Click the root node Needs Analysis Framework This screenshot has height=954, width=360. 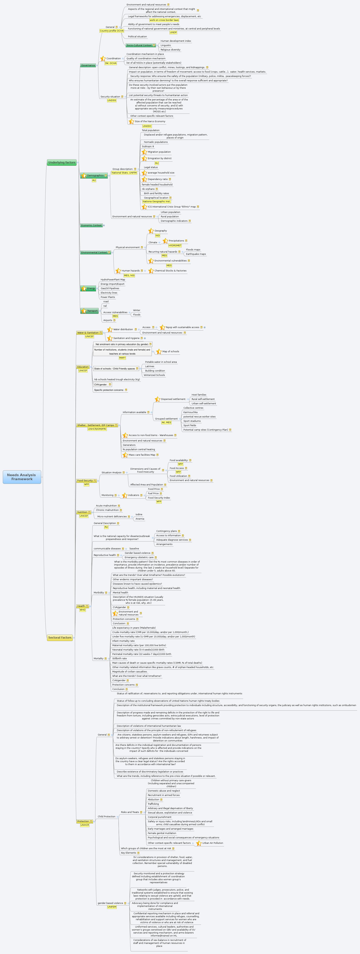click(x=22, y=477)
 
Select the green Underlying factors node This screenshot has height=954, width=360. click(x=62, y=163)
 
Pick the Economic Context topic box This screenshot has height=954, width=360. click(x=91, y=225)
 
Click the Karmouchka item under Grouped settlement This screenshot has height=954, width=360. click(x=190, y=412)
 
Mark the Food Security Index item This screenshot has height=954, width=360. click(x=159, y=498)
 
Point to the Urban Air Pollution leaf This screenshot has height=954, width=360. click(x=213, y=843)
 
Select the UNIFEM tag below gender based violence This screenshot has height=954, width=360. click(x=112, y=907)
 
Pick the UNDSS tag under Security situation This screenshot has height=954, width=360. click(x=111, y=100)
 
